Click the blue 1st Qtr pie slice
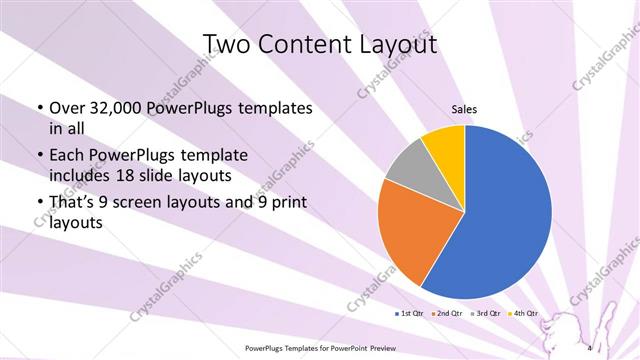(500, 215)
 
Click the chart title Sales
(465, 109)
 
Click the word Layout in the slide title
(392, 45)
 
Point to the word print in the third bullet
(286, 204)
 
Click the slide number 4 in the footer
(592, 348)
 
